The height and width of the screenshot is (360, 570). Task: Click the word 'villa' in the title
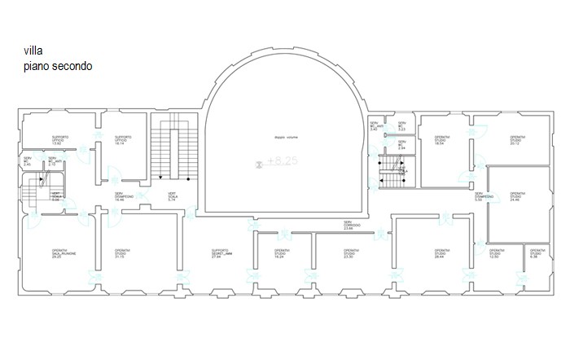[33, 51]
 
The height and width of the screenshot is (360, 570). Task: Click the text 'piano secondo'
[59, 66]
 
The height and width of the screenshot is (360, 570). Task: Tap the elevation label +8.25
[283, 162]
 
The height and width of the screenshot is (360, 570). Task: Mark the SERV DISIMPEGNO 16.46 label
[126, 195]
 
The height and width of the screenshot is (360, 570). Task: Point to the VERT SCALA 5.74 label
[173, 196]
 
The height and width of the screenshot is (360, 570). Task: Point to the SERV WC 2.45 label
[28, 161]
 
